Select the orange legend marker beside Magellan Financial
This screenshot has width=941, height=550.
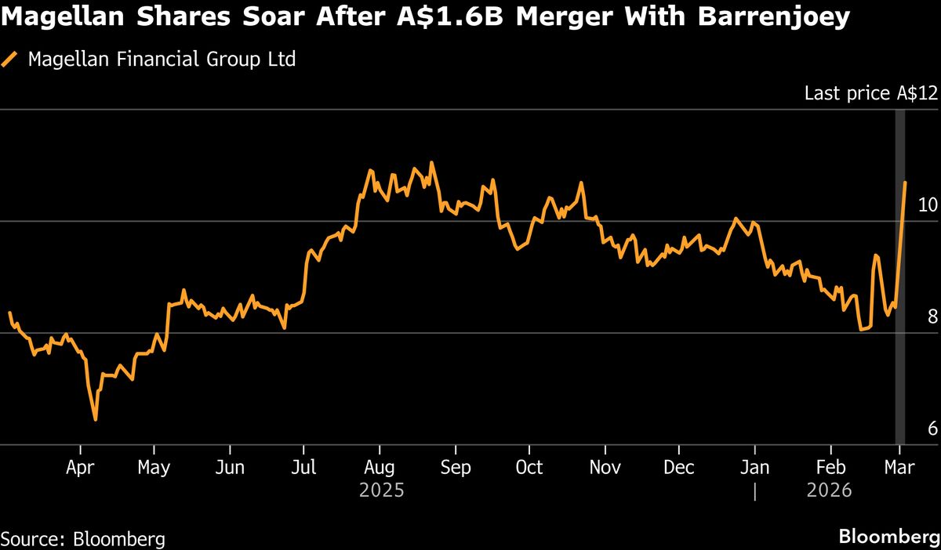pyautogui.click(x=10, y=59)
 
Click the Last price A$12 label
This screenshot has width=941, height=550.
pyautogui.click(x=870, y=94)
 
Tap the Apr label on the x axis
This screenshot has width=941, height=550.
pyautogui.click(x=81, y=468)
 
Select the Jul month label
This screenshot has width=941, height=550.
pyautogui.click(x=303, y=468)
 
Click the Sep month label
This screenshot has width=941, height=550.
pyautogui.click(x=455, y=468)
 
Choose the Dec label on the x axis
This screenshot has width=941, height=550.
pyautogui.click(x=679, y=468)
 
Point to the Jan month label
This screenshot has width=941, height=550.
pyautogui.click(x=754, y=468)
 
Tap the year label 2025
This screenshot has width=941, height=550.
pyautogui.click(x=382, y=491)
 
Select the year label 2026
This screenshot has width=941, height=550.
pyautogui.click(x=830, y=491)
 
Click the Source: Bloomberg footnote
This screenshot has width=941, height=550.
pyautogui.click(x=83, y=539)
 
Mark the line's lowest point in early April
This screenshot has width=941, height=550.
pyautogui.click(x=96, y=420)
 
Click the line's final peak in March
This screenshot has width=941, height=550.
pyautogui.click(x=905, y=183)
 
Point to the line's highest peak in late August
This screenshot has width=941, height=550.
pyautogui.click(x=432, y=163)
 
